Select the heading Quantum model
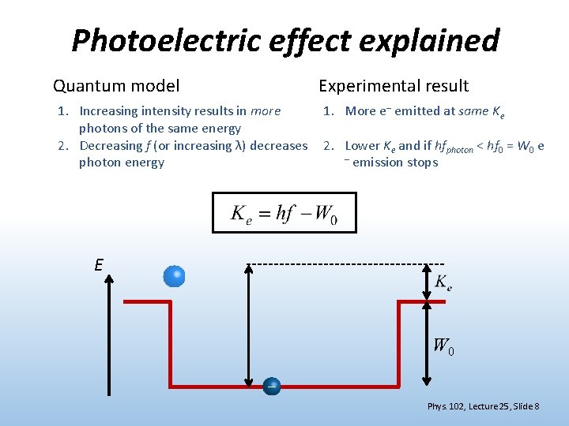tap(116, 86)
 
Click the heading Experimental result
tap(394, 86)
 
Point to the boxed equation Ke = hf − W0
tap(284, 213)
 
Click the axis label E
tap(99, 265)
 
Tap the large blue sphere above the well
tap(175, 276)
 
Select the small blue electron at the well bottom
tap(272, 386)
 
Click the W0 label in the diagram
tap(443, 346)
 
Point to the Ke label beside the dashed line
tap(443, 282)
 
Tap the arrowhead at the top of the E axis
tap(108, 275)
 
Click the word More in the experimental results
tap(360, 111)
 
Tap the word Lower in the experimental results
tap(363, 146)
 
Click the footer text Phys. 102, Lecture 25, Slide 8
tap(483, 406)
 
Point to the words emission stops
tap(395, 163)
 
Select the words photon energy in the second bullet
tap(122, 163)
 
